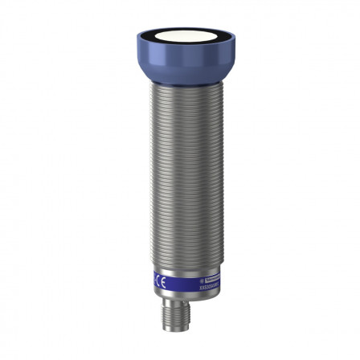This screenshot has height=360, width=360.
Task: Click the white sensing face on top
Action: tap(178, 41)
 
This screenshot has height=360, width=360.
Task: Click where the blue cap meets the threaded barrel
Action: tap(179, 83)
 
